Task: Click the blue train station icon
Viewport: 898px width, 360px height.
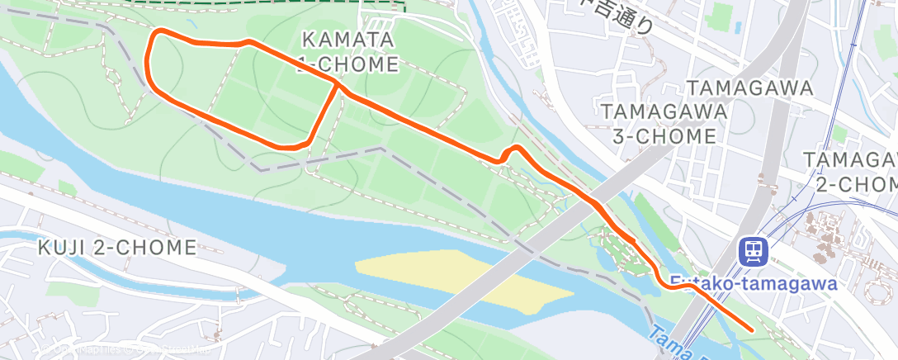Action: point(753,250)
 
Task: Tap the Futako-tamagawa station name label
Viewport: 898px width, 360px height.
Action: point(753,284)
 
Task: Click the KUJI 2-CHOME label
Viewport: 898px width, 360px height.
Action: point(117,247)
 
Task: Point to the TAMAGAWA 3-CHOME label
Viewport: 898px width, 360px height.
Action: point(664,123)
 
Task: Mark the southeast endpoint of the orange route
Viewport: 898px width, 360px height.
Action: point(753,329)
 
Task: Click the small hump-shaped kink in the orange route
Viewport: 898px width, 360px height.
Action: point(513,150)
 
